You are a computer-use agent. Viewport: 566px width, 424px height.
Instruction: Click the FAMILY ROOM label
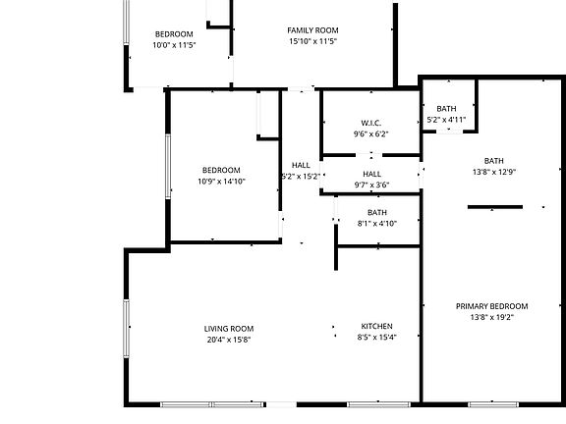312,30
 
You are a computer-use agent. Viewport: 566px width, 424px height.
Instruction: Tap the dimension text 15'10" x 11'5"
312,42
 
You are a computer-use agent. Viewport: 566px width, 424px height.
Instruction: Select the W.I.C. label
370,123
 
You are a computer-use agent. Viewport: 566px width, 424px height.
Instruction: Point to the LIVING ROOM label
229,328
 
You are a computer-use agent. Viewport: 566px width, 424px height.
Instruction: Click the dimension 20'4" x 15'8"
229,340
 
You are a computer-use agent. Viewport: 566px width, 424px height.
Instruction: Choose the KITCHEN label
376,326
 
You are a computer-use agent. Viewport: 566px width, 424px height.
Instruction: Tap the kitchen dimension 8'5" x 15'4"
376,338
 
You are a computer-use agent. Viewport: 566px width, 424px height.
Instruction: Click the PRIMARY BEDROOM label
492,306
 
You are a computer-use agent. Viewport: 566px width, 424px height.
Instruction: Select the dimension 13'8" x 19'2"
492,318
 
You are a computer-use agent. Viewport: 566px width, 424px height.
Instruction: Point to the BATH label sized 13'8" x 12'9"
493,161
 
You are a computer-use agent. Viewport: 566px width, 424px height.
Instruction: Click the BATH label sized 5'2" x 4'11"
446,109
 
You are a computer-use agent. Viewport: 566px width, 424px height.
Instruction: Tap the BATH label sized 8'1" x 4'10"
377,212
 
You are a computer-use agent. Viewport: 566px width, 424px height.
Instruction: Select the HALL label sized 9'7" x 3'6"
371,174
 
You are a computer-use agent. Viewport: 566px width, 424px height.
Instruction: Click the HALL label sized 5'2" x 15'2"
301,165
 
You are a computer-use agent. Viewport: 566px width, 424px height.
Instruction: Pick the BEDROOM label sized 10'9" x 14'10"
221,169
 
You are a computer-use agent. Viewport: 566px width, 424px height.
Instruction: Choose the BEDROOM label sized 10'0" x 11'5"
173,33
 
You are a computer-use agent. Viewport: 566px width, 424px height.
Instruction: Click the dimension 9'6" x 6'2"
370,134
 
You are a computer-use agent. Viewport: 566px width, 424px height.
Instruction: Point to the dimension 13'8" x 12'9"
493,173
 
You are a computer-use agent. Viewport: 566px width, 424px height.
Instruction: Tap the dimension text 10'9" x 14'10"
221,182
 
